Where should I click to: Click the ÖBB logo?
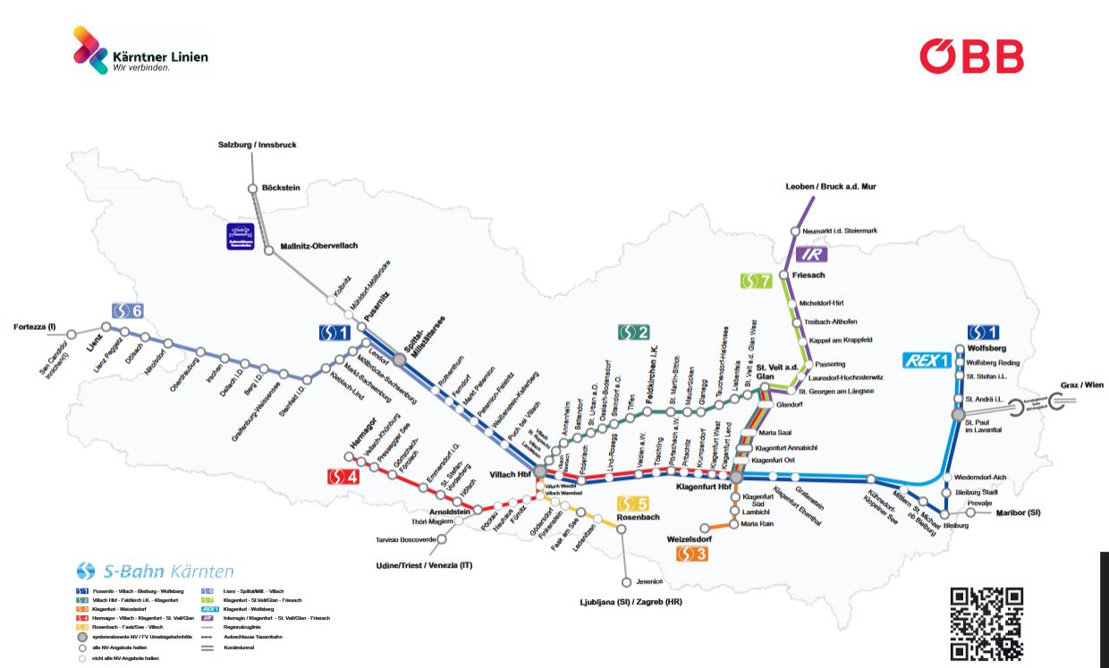coord(971,55)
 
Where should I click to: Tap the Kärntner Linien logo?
coord(140,50)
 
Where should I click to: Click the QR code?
coord(986,622)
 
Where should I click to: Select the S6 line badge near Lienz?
coord(127,310)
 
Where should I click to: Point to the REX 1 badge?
coord(927,360)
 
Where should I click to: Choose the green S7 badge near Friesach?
coord(756,281)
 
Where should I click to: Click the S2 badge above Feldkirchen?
coord(633,333)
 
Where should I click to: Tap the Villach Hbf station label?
coord(511,474)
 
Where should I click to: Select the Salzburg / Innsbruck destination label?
coord(258,144)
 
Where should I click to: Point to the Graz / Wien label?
coord(1081,385)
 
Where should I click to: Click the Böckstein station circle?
coord(252,189)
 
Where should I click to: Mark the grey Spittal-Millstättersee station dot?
coord(400,359)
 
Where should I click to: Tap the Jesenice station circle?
coord(626,582)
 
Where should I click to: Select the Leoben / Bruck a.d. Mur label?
coord(831,186)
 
